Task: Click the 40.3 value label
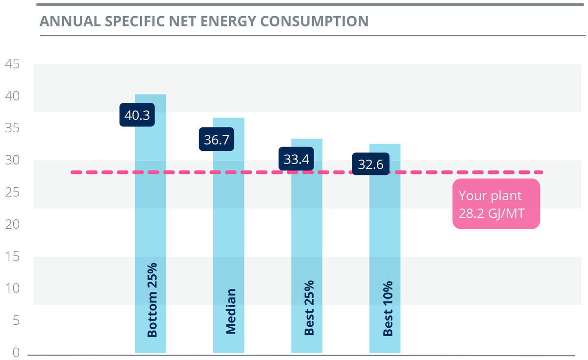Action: (137, 115)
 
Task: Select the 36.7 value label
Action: (216, 140)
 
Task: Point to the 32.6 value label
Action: (371, 164)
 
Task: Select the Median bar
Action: (228, 235)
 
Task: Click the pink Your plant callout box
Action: (496, 204)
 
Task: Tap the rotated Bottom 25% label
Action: (152, 300)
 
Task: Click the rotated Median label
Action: (231, 312)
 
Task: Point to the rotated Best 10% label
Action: (388, 308)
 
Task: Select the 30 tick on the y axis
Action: (12, 160)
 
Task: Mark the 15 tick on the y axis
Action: (12, 257)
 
